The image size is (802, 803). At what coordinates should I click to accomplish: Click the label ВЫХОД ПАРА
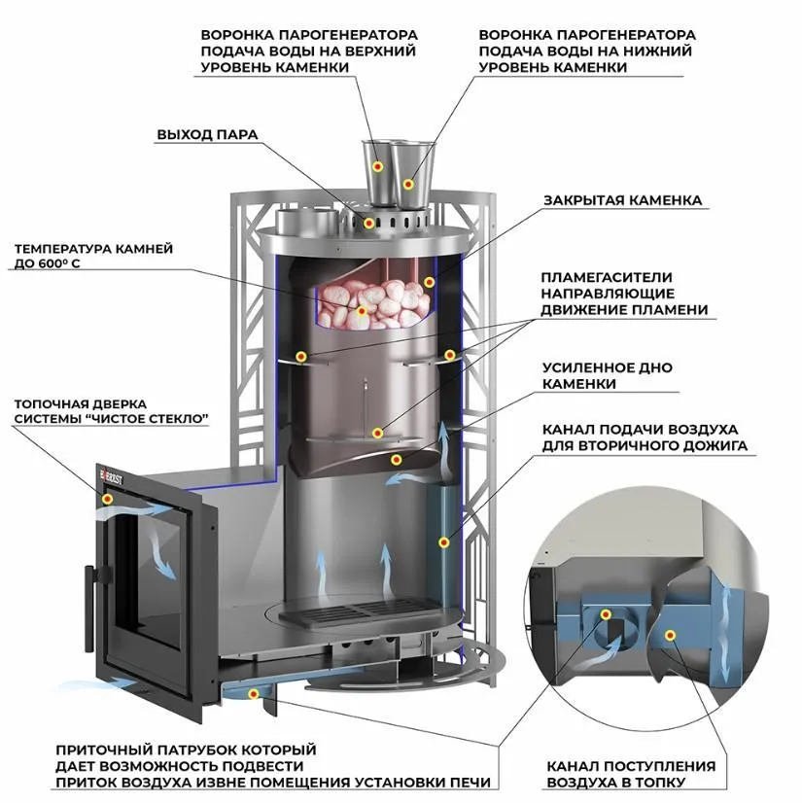pyautogui.click(x=207, y=135)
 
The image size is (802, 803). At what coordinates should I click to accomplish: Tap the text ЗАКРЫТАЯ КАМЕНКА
pyautogui.click(x=622, y=200)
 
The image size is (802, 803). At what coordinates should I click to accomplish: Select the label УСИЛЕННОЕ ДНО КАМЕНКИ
pyautogui.click(x=607, y=375)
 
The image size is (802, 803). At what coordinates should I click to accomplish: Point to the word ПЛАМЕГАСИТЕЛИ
pyautogui.click(x=607, y=278)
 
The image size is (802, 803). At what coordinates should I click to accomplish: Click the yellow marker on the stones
pyautogui.click(x=362, y=311)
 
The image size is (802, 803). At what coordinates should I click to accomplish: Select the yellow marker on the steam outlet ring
pyautogui.click(x=368, y=223)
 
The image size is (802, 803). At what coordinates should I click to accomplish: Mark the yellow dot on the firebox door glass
pyautogui.click(x=108, y=499)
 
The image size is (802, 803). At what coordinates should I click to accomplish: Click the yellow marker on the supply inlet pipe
pyautogui.click(x=253, y=694)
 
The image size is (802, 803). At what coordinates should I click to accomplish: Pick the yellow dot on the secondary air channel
pyautogui.click(x=443, y=542)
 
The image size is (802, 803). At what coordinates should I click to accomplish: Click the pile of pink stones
pyautogui.click(x=373, y=304)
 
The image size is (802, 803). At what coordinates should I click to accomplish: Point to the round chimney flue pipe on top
pyautogui.click(x=306, y=221)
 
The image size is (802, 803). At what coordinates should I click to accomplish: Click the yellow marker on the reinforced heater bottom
pyautogui.click(x=396, y=460)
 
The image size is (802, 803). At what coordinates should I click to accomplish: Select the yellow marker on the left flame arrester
pyautogui.click(x=301, y=357)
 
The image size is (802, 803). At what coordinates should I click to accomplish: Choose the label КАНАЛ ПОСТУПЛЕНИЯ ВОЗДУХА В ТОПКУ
pyautogui.click(x=631, y=774)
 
